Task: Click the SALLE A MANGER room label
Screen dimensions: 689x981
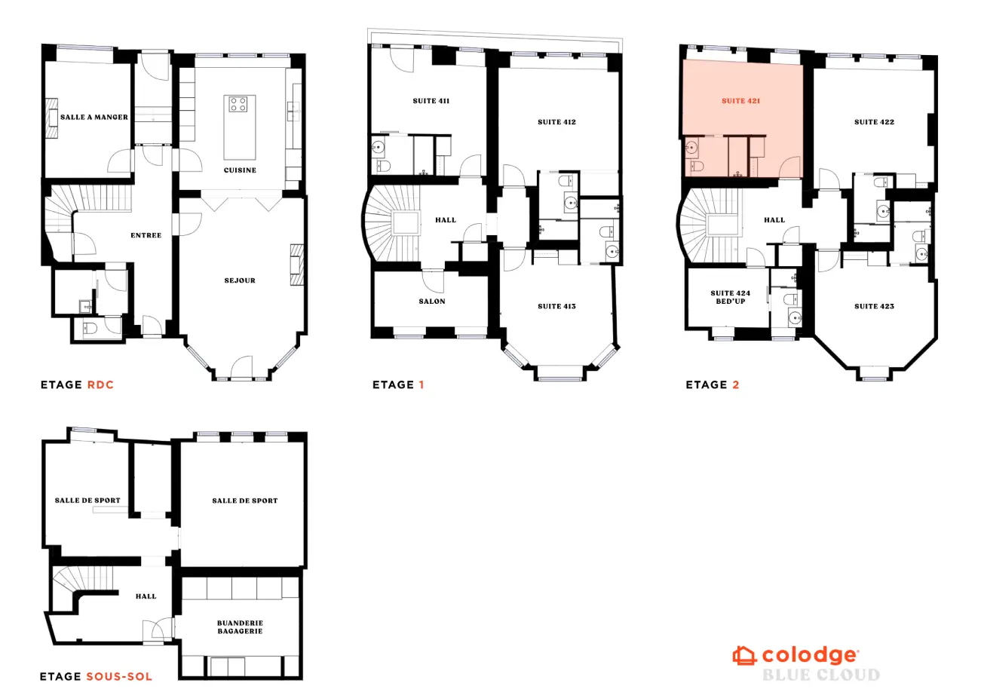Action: click(x=94, y=118)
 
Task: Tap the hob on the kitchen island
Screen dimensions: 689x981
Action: click(x=239, y=104)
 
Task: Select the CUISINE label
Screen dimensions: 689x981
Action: click(x=240, y=170)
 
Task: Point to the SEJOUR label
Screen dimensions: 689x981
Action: click(x=240, y=280)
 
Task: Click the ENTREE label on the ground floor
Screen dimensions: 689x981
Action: click(x=146, y=235)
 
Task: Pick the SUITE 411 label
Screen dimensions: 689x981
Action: click(x=431, y=100)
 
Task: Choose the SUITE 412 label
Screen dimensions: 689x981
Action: click(x=557, y=121)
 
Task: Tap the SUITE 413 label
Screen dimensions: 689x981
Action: click(x=557, y=306)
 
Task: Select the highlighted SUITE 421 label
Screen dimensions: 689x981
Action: click(x=740, y=100)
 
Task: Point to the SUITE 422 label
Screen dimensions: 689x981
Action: click(x=874, y=121)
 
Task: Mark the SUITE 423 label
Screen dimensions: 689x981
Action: click(x=874, y=306)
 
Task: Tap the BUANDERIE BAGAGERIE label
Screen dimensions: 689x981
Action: click(x=240, y=627)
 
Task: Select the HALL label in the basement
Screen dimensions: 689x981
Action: click(x=146, y=596)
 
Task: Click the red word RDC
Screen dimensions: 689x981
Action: click(x=100, y=385)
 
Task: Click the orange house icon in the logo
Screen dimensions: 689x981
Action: click(x=744, y=655)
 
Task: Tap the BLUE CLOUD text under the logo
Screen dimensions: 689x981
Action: click(x=820, y=675)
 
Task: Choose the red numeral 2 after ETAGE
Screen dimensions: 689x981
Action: click(x=735, y=385)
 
